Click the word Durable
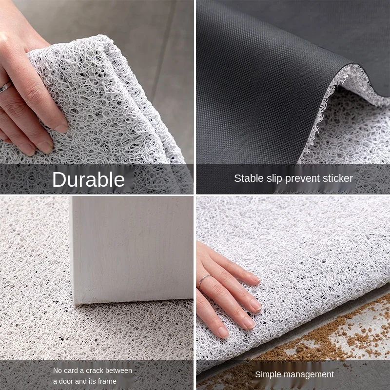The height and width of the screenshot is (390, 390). [88, 180]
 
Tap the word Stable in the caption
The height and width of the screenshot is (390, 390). [247, 178]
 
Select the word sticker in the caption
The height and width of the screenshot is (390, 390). [336, 178]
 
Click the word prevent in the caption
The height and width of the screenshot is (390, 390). [302, 178]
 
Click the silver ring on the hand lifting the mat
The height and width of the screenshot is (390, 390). [5, 87]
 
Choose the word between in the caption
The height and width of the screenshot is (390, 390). [119, 370]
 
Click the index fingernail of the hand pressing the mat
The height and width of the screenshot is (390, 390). [254, 278]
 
